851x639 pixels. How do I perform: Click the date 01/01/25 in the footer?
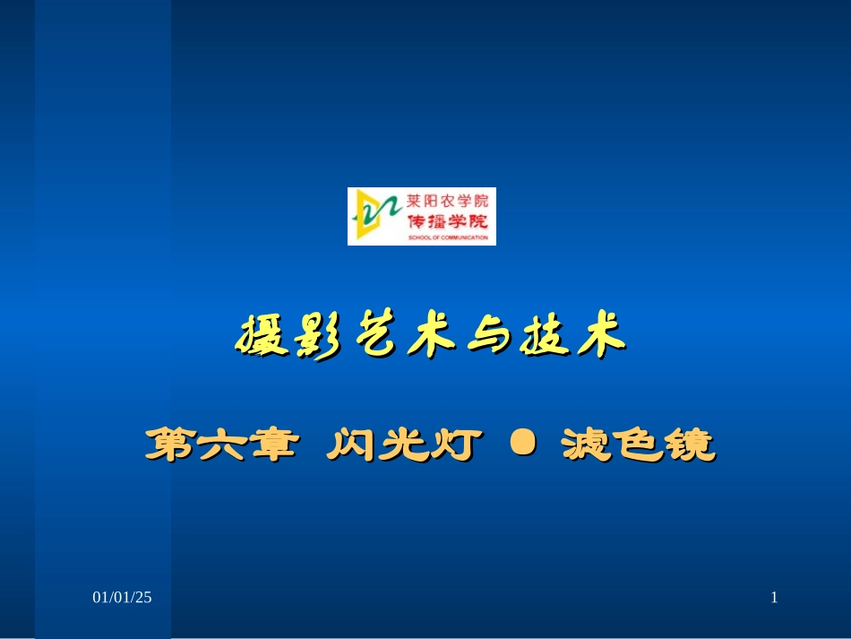tap(124, 597)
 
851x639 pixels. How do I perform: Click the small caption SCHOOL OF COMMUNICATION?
tap(447, 238)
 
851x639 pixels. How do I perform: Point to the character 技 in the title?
tap(539, 336)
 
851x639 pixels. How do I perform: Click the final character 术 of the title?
tap(594, 336)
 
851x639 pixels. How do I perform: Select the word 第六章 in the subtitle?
tap(219, 445)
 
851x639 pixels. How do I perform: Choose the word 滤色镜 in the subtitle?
tap(638, 445)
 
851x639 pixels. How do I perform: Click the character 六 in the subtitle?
tap(219, 445)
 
